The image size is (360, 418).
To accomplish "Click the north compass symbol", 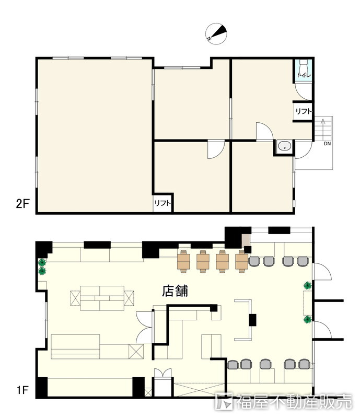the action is pos(216,33).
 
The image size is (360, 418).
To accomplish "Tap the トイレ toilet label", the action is pos(304,75).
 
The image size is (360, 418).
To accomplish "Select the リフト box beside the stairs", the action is pos(303,111).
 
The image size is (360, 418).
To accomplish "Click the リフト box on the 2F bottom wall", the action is pos(162,203).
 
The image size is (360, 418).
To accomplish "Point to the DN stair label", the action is pos(327,144).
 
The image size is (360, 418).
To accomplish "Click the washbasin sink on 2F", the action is pos(284,146).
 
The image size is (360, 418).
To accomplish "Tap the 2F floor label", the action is pos(22,204).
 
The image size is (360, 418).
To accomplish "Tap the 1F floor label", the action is pos(22,390).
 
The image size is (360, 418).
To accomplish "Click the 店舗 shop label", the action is pos(175,291).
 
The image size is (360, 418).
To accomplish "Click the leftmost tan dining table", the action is pos(184,262).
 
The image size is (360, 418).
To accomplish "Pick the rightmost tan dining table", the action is pos(242,262).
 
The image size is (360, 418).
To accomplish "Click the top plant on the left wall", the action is pos(42,263).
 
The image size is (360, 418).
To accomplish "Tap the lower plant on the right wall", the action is pos(308,319).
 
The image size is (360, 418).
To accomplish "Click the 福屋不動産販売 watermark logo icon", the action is pos(224,401).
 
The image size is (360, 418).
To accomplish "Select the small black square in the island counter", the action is pos(252,320).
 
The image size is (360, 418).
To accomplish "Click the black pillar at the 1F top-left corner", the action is pos(44,250).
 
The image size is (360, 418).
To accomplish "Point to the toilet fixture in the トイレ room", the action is pos(304,65).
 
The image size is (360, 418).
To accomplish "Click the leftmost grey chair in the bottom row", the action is pos(233,364).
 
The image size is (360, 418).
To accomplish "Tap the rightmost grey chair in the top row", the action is pos(303,261).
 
